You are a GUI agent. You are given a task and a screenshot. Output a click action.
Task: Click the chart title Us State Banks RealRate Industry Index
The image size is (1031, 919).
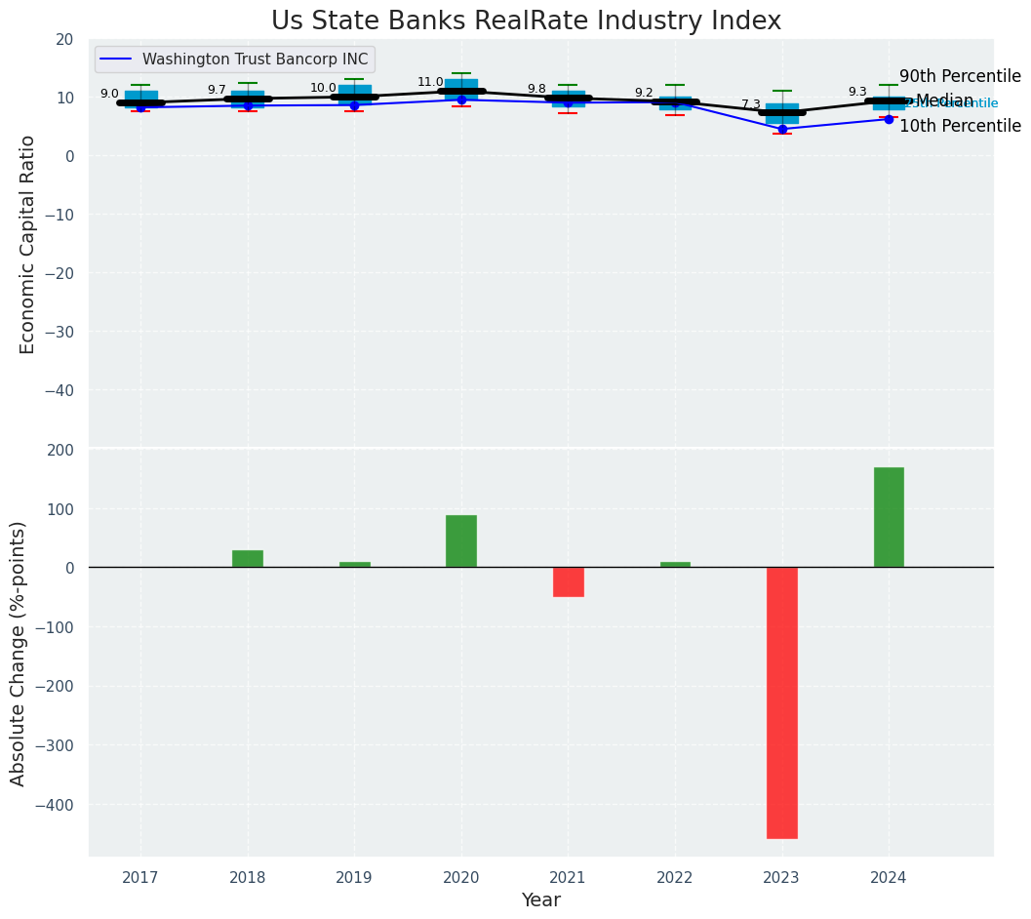[526, 20]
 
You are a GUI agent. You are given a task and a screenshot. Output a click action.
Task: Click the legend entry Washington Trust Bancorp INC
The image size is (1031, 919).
[255, 60]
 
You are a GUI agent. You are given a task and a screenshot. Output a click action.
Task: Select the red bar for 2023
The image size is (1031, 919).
[781, 702]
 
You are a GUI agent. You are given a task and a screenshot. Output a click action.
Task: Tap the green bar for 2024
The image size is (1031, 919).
[889, 517]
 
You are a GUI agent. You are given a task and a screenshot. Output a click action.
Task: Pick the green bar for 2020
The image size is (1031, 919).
[461, 541]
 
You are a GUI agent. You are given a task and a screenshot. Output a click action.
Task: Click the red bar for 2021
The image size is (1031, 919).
[568, 581]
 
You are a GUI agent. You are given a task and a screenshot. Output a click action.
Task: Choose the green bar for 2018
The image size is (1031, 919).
[248, 559]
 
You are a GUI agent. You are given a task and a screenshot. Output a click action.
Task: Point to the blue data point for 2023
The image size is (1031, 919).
[782, 129]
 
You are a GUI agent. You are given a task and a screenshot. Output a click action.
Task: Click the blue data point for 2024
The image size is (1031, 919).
[889, 119]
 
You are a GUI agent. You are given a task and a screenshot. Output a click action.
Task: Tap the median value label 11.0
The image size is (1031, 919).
[430, 83]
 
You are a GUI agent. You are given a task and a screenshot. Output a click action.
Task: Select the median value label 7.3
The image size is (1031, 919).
[750, 104]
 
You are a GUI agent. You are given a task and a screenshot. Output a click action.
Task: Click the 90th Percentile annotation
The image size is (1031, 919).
[960, 77]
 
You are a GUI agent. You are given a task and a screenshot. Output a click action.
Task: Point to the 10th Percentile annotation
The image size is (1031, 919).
[960, 126]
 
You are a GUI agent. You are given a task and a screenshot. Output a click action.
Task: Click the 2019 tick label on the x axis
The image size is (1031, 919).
[354, 878]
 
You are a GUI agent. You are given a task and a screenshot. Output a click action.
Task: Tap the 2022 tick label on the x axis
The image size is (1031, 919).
[675, 878]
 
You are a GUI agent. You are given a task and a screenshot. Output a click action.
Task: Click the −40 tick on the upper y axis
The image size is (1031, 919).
[60, 390]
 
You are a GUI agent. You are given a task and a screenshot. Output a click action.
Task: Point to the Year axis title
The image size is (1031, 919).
[540, 900]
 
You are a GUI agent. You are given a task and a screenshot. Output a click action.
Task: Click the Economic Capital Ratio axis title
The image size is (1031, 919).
[28, 244]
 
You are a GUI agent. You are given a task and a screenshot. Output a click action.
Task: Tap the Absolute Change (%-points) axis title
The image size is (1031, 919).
[19, 653]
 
